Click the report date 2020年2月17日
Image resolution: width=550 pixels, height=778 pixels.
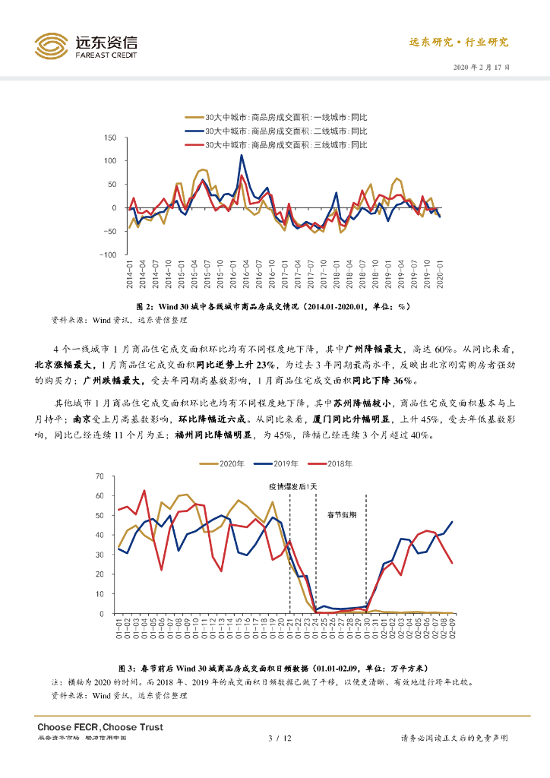(482, 68)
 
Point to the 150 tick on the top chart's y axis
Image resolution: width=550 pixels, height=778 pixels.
(109, 138)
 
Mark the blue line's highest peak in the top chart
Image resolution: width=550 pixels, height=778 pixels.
(242, 155)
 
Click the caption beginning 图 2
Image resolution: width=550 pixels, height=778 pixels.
(274, 306)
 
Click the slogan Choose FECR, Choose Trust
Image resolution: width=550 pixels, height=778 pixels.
(100, 727)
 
